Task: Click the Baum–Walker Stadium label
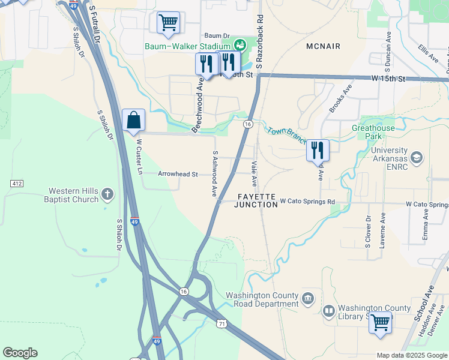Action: [x=187, y=46]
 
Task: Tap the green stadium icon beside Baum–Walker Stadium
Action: [x=240, y=44]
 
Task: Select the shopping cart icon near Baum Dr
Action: [x=169, y=23]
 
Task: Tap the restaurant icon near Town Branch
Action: [x=318, y=150]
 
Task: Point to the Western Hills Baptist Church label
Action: [x=74, y=196]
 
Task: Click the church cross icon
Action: [x=107, y=194]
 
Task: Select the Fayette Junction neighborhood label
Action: [x=257, y=200]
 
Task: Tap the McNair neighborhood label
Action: [x=323, y=46]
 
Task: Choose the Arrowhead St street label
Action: [x=178, y=174]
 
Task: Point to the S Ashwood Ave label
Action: [x=214, y=173]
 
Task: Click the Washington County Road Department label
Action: [x=262, y=299]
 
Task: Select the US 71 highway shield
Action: [x=222, y=323]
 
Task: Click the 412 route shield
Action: [x=17, y=182]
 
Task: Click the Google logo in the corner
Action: [x=20, y=353]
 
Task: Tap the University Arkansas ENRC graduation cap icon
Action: [x=417, y=157]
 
